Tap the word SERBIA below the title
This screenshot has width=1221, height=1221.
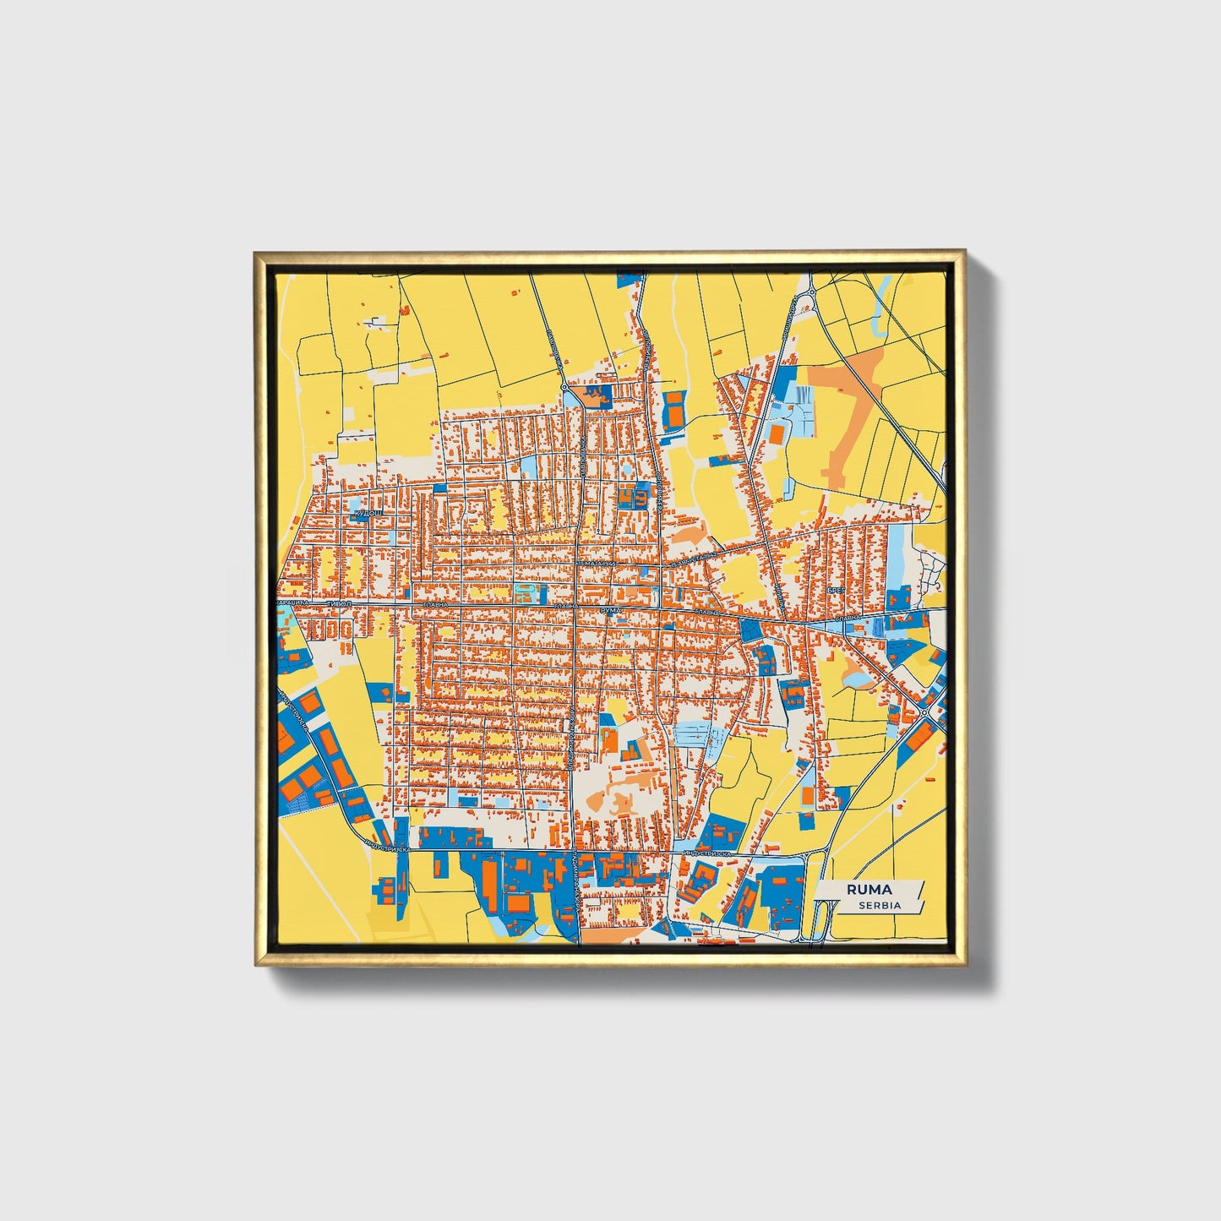(879, 905)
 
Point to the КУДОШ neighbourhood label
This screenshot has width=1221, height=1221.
(368, 513)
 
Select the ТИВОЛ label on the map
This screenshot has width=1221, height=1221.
(339, 605)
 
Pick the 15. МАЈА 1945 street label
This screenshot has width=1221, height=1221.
(602, 564)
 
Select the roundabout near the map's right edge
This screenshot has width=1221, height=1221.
(926, 712)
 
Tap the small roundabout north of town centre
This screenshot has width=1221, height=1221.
(564, 387)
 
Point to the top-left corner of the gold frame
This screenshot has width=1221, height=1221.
(256, 253)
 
